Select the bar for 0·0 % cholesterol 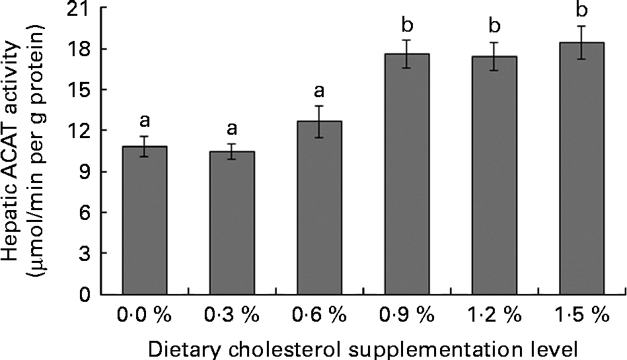point(145,221)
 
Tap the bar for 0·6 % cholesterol point(319,208)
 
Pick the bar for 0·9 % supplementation point(407,174)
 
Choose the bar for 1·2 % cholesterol point(494,176)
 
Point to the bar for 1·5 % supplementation point(581,168)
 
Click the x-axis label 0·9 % point(406,316)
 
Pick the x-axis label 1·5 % point(581,316)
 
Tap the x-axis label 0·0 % point(145,316)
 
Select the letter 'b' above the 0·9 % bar point(407,26)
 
